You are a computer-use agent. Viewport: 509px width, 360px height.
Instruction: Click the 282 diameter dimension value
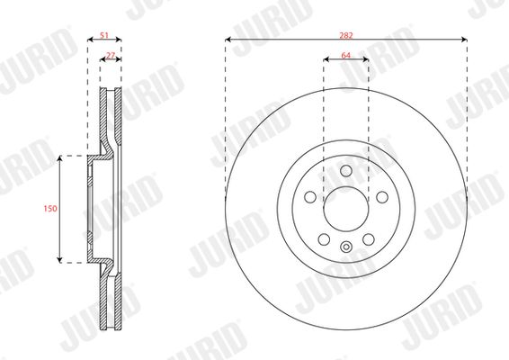coord(346,35)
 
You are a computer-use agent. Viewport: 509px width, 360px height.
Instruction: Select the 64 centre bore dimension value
coord(346,56)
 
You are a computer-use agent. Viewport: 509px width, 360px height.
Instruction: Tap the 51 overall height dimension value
coord(104,35)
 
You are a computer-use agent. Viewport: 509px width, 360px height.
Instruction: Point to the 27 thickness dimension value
coord(111,56)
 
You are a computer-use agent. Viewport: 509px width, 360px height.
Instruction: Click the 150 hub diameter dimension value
coord(50,209)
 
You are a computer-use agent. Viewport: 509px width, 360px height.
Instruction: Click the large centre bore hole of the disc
coord(346,209)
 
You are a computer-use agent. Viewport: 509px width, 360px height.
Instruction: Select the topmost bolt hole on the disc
coord(346,171)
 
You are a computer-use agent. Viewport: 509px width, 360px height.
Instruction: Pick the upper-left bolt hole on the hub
coord(310,197)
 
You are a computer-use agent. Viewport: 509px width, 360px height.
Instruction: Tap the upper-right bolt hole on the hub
coord(382,197)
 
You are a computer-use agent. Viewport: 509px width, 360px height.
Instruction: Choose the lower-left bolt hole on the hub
coord(324,239)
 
